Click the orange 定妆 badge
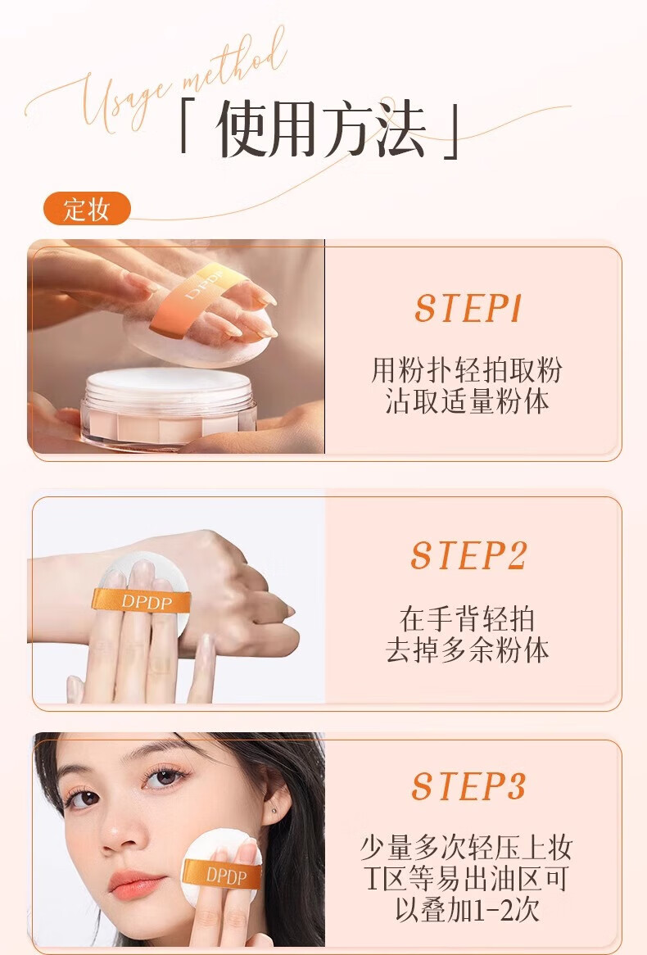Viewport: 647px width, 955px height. pyautogui.click(x=87, y=209)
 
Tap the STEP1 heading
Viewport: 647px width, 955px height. pyautogui.click(x=468, y=308)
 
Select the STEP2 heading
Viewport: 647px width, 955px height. pyautogui.click(x=468, y=555)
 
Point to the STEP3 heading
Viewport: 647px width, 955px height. pyautogui.click(x=468, y=786)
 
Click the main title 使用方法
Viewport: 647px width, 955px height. pyautogui.click(x=320, y=129)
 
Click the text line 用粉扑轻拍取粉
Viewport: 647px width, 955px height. pyautogui.click(x=467, y=369)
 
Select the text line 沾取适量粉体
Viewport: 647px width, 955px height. pyautogui.click(x=467, y=401)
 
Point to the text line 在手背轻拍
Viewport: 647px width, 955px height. pyautogui.click(x=467, y=619)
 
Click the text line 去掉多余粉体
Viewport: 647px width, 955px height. pyautogui.click(x=467, y=650)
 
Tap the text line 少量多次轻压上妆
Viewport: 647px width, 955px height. pyautogui.click(x=467, y=848)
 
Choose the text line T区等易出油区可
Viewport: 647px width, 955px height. pyautogui.click(x=467, y=879)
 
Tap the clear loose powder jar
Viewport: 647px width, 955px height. pyautogui.click(x=169, y=406)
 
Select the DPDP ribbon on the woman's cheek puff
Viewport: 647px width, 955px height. pyautogui.click(x=223, y=876)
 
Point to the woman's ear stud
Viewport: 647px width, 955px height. pyautogui.click(x=274, y=811)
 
